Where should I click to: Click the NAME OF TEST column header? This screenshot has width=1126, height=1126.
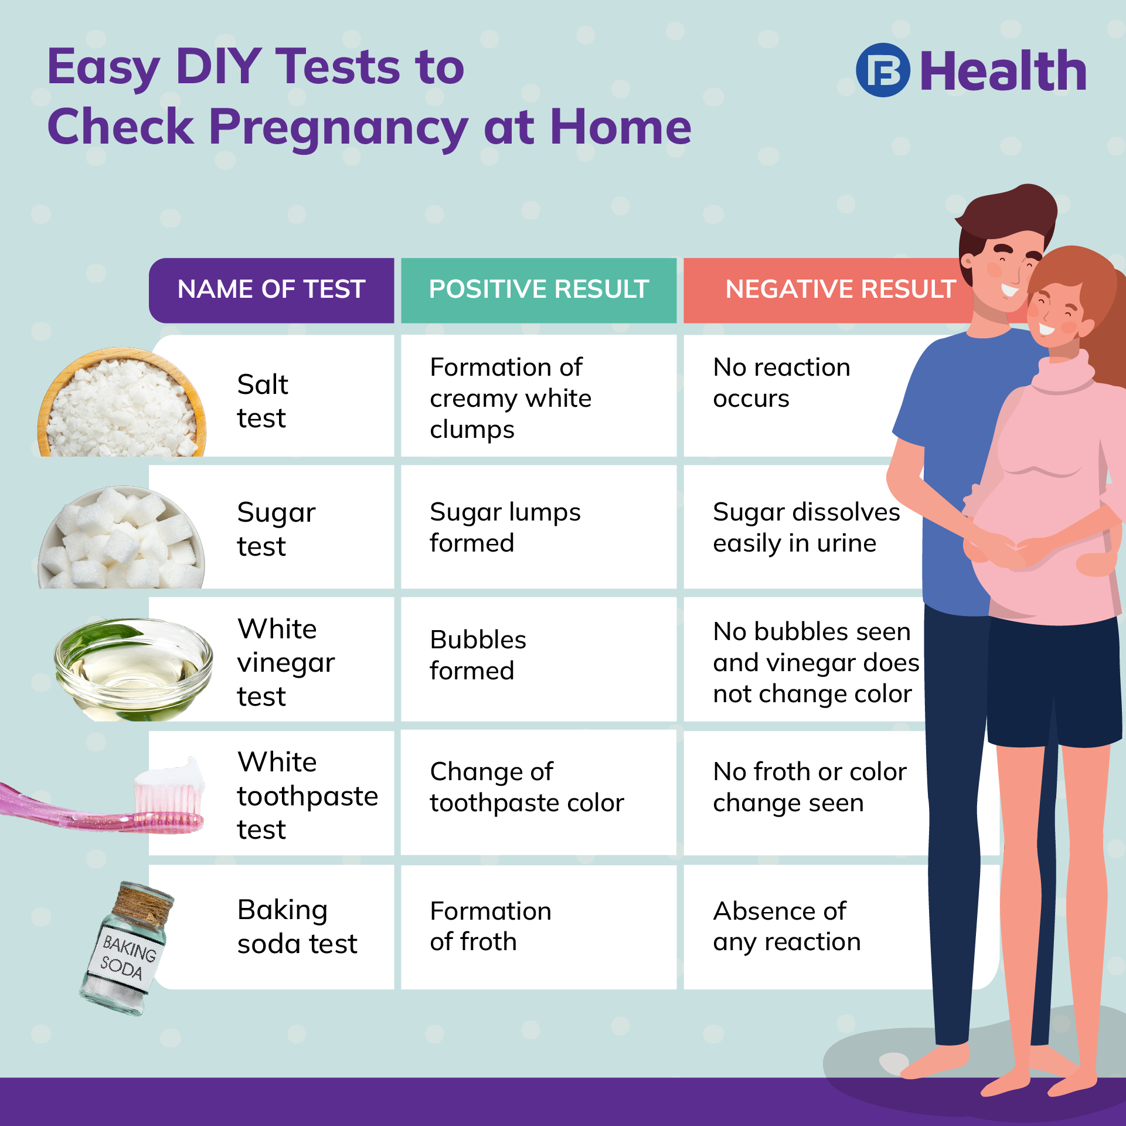pyautogui.click(x=271, y=290)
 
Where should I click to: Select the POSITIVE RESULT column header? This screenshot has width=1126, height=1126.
pyautogui.click(x=539, y=290)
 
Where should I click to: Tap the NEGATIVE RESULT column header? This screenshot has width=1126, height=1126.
pyautogui.click(x=840, y=290)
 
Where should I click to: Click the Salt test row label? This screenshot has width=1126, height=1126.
pyautogui.click(x=263, y=402)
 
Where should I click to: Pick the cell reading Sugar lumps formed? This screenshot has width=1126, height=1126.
pyautogui.click(x=505, y=528)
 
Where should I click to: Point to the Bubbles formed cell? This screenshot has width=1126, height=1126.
pyautogui.click(x=478, y=655)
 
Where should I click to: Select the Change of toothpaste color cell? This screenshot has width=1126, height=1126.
pyautogui.click(x=526, y=787)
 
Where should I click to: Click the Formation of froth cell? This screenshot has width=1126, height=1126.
pyautogui.click(x=490, y=927)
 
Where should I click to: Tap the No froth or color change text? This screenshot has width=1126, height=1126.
pyautogui.click(x=809, y=787)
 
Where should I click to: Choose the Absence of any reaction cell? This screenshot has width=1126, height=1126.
pyautogui.click(x=786, y=927)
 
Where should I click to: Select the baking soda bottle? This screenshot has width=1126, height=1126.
pyautogui.click(x=127, y=950)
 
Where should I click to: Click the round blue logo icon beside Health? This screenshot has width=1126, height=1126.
pyautogui.click(x=883, y=70)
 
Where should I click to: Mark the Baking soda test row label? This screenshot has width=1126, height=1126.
pyautogui.click(x=297, y=927)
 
